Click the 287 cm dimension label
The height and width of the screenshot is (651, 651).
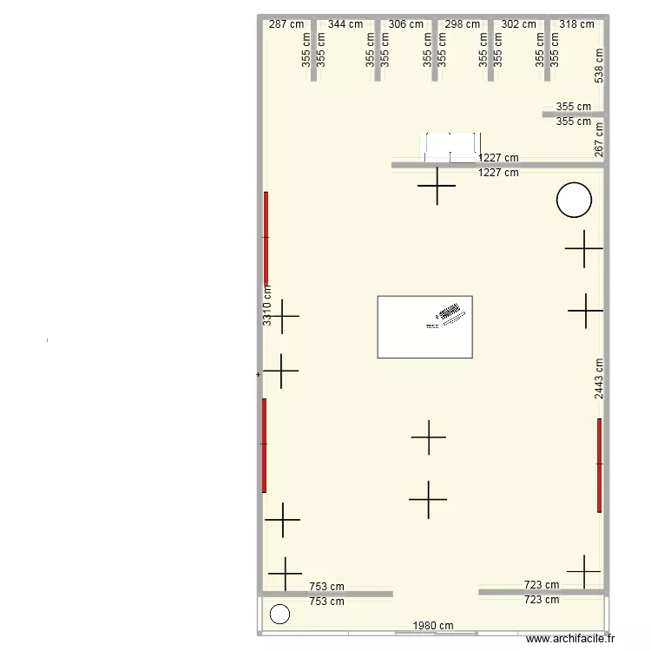coord(286,24)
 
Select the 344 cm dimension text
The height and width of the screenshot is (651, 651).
coord(345,24)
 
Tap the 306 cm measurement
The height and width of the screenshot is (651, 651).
coord(406,24)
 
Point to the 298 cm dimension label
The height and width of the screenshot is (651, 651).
coord(462,24)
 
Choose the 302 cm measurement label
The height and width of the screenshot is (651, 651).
coord(519,24)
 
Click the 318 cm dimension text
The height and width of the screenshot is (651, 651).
coord(577,24)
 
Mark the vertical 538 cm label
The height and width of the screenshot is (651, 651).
coord(599,66)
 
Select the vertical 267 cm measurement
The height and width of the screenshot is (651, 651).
coord(599,139)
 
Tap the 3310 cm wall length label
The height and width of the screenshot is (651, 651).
coord(267,306)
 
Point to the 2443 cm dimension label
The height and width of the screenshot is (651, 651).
coord(599,378)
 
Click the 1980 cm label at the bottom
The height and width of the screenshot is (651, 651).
coord(433,626)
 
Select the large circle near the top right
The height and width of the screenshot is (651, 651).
coord(574,200)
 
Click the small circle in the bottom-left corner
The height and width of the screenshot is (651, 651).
coord(279,615)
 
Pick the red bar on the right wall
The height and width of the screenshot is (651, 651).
coord(599,465)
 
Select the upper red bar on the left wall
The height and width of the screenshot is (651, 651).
coord(266,237)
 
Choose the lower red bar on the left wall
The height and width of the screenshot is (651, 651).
coord(264,444)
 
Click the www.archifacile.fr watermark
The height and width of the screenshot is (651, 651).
coord(569,639)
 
